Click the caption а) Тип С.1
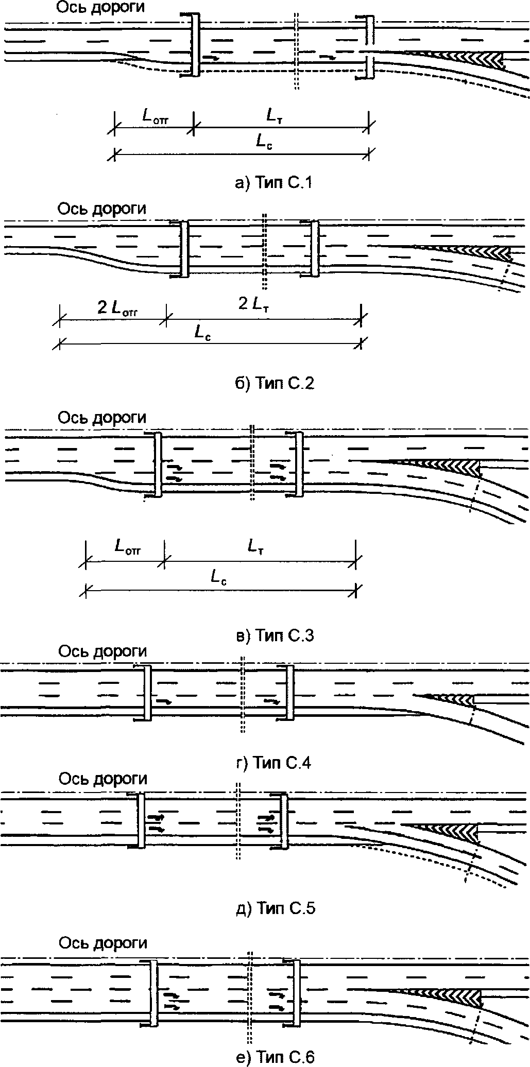[273, 183]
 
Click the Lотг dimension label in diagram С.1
[155, 117]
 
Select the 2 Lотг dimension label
[118, 309]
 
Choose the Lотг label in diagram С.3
[127, 547]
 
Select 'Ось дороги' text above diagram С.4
[102, 651]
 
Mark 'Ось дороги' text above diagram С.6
[103, 942]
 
